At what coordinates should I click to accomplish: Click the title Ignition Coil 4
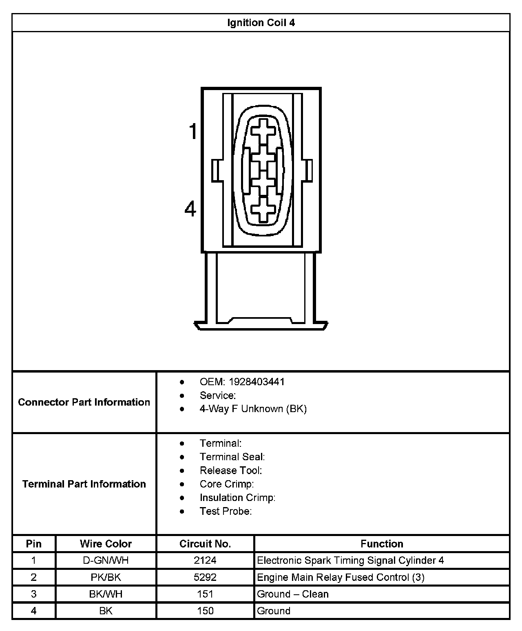(261, 23)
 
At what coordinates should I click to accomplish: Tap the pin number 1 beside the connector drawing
(192, 132)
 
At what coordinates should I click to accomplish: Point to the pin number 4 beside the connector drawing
(190, 210)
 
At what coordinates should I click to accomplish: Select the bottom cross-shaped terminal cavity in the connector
(263, 210)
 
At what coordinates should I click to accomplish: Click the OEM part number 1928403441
(257, 382)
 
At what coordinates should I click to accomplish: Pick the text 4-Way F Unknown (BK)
(253, 409)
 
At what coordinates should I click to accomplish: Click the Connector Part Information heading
(84, 402)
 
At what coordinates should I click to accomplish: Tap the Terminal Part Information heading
(84, 484)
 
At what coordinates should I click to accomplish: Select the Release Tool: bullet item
(231, 470)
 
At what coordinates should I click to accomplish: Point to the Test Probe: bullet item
(226, 511)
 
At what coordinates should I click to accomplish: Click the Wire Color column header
(106, 544)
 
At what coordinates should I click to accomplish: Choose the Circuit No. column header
(205, 544)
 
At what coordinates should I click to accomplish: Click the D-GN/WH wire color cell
(106, 560)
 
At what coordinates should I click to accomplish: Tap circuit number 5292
(205, 577)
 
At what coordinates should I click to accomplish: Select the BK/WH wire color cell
(106, 594)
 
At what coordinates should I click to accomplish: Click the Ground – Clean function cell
(292, 594)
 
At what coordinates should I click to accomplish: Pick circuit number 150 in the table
(205, 611)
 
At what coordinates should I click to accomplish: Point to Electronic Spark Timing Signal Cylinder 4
(350, 560)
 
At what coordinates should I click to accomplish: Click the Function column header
(382, 544)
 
